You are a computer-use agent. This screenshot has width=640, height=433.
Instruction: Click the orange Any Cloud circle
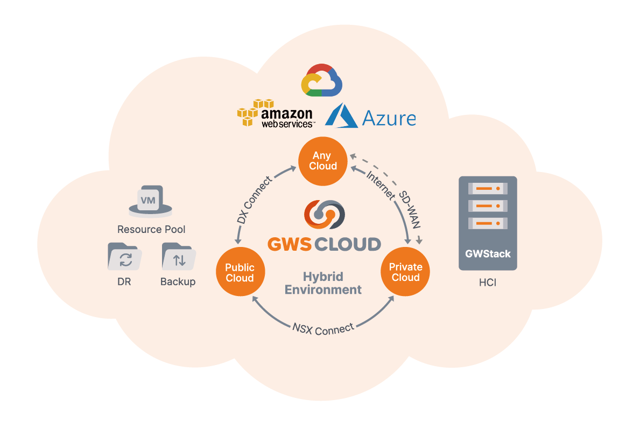[323, 161]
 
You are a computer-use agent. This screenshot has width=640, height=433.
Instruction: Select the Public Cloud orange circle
[240, 273]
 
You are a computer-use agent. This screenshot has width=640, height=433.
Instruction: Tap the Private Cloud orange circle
[405, 272]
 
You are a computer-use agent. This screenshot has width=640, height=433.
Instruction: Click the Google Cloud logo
[322, 81]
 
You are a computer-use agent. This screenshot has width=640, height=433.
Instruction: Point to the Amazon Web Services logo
[276, 114]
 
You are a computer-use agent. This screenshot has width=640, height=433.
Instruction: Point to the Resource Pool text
[151, 229]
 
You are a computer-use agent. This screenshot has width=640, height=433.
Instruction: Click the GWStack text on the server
[488, 253]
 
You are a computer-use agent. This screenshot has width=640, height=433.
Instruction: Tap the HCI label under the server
[487, 282]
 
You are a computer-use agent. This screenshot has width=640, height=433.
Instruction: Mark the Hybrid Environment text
[323, 283]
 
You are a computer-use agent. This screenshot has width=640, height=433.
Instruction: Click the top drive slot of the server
[488, 189]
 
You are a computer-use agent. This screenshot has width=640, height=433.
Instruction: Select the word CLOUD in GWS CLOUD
[347, 244]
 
